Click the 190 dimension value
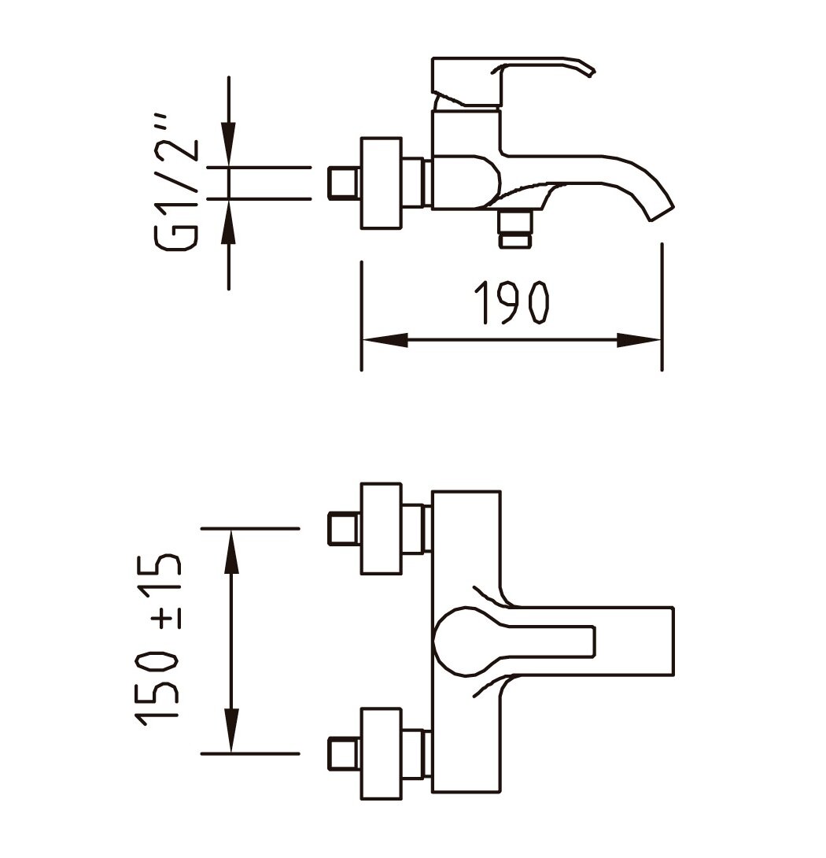[511, 303]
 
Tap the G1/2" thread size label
[177, 183]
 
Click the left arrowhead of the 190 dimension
[385, 340]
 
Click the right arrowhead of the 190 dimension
[639, 340]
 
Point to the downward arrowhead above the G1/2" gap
[229, 143]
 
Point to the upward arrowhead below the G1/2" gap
[229, 221]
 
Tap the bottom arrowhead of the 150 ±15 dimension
[232, 730]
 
